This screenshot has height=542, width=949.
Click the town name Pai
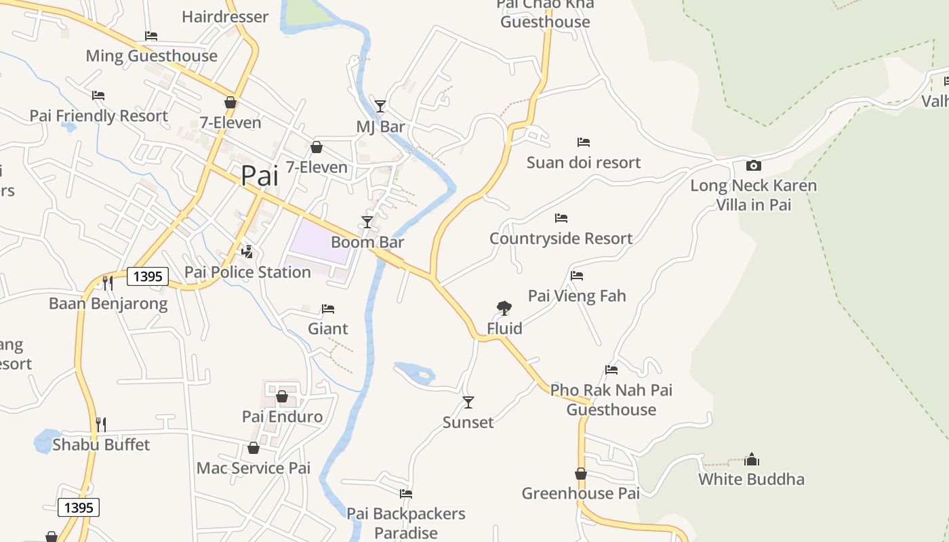click(x=260, y=176)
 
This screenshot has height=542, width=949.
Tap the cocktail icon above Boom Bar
click(x=367, y=222)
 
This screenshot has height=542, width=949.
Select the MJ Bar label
click(x=380, y=127)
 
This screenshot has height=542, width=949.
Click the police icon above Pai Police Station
click(x=247, y=252)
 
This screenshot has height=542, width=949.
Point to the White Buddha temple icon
click(x=751, y=459)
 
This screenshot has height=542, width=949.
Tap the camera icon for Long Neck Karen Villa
click(x=753, y=165)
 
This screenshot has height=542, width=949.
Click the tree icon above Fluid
click(x=504, y=308)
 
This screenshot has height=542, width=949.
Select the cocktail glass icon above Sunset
click(x=468, y=402)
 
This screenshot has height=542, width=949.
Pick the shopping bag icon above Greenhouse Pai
click(x=581, y=474)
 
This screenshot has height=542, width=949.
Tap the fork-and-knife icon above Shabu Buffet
click(x=100, y=425)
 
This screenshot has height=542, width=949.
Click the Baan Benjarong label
click(x=108, y=303)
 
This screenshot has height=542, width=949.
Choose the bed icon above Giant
click(x=328, y=309)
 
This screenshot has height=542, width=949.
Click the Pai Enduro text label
click(x=282, y=416)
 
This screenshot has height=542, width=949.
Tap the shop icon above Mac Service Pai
click(x=253, y=449)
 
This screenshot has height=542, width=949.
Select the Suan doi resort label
click(x=584, y=163)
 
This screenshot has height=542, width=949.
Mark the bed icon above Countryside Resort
click(x=561, y=218)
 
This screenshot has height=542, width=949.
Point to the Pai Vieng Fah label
click(x=577, y=295)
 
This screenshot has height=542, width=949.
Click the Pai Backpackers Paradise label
click(x=406, y=523)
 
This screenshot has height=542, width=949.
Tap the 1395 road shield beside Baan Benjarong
click(x=148, y=276)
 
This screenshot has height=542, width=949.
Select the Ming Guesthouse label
click(x=151, y=56)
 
